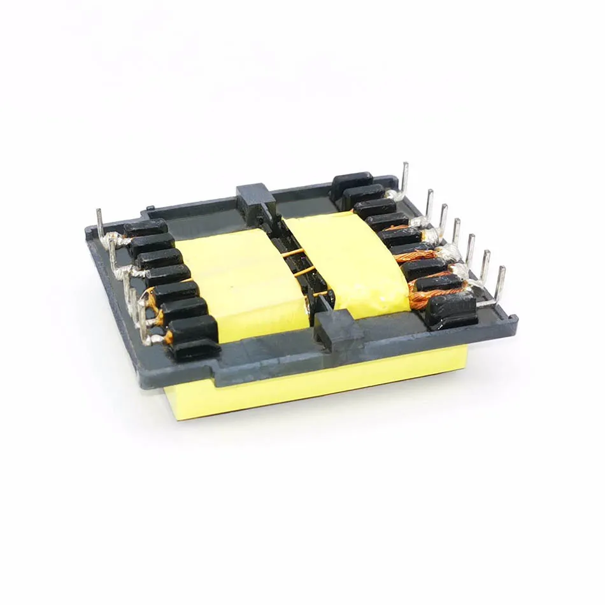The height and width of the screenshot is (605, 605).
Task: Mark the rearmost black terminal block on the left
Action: (x=145, y=228)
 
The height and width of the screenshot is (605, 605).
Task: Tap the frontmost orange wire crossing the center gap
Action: (x=318, y=294)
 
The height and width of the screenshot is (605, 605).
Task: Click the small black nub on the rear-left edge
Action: (x=148, y=208)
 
